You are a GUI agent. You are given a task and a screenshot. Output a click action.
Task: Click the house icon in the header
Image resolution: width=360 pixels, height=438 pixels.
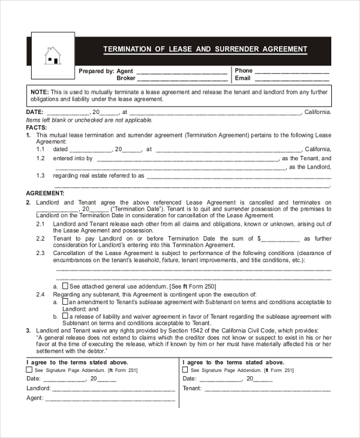coord(53,55)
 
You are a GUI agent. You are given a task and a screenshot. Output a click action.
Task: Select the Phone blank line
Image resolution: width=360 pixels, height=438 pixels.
coord(292,71)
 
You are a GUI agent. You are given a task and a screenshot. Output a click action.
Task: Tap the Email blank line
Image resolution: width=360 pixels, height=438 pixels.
coord(292,79)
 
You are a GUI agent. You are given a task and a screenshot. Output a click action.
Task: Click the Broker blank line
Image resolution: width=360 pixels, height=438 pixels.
coord(182,79)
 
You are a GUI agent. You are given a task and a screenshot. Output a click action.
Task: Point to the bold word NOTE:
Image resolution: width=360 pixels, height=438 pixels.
coord(39,92)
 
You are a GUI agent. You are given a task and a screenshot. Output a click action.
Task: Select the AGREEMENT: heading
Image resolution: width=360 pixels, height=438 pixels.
coord(45,193)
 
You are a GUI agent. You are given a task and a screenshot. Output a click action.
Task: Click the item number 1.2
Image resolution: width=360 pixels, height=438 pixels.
coord(41,158)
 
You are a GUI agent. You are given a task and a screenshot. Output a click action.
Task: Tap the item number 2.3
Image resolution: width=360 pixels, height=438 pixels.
coord(40,253)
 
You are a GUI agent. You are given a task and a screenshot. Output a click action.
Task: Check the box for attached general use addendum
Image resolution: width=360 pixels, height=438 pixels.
coord(65,286)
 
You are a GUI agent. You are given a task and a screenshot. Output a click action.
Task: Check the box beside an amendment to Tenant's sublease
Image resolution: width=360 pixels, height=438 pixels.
coord(65,302)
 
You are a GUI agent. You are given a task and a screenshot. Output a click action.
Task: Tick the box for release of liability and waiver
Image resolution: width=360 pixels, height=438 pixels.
coord(65,316)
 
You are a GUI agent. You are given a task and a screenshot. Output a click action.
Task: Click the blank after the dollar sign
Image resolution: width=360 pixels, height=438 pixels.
coord(280,238)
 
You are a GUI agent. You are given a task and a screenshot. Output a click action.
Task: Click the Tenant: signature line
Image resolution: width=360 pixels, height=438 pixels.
coord(266,388)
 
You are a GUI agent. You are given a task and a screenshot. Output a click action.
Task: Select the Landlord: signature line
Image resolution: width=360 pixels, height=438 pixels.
coord(113,388)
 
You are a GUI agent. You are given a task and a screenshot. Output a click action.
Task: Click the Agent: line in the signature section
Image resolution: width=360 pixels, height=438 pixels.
coord(109,398)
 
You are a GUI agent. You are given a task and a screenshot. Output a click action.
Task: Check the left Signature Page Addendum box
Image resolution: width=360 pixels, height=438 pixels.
coord(29,370)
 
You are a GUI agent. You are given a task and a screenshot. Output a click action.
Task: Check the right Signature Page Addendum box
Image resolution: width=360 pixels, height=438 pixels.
coord(185,370)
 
